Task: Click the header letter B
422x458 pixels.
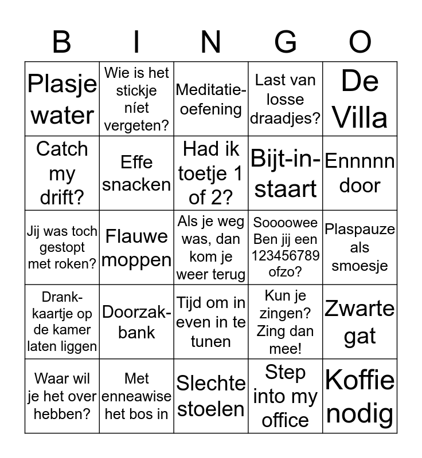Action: tap(62, 42)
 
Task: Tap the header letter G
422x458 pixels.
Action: tap(286, 42)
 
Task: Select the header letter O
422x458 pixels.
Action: tap(360, 42)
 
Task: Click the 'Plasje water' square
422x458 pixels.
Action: tap(62, 99)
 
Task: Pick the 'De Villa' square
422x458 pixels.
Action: tap(360, 99)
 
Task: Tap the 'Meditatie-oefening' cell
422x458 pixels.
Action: tap(211, 99)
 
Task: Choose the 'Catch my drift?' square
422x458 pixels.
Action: tap(62, 173)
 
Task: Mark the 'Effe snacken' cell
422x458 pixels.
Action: tap(136, 173)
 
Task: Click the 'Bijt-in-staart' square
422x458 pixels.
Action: tap(286, 173)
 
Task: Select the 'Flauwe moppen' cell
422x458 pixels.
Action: tap(136, 248)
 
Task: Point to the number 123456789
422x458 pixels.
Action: tap(286, 255)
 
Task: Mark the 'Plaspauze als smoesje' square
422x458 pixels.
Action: tap(360, 248)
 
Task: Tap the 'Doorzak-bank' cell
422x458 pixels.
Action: tap(136, 322)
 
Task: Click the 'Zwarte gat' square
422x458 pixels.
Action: tap(360, 322)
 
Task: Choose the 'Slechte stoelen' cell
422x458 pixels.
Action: tap(211, 396)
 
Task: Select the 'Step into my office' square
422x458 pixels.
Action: tap(286, 396)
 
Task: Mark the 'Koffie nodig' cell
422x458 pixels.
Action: tap(360, 396)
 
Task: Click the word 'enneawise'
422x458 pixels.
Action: tap(136, 396)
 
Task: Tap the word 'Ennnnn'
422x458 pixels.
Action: tap(360, 161)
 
